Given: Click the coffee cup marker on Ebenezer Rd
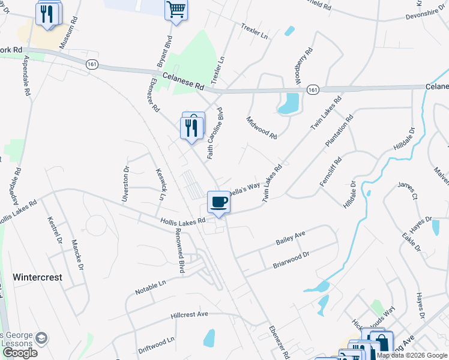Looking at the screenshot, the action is [218, 202].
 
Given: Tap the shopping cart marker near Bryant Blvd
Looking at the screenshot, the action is [176, 10].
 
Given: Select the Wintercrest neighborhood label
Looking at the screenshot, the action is [37, 277].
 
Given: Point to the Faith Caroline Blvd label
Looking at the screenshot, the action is [215, 134].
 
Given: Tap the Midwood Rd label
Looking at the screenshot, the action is [262, 128].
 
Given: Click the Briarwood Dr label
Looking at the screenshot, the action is [291, 259].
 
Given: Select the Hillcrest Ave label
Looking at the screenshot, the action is [189, 314].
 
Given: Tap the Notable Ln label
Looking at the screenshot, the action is [150, 286].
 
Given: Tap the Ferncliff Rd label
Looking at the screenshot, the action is [330, 172].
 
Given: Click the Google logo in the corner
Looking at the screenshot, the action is [20, 353].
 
